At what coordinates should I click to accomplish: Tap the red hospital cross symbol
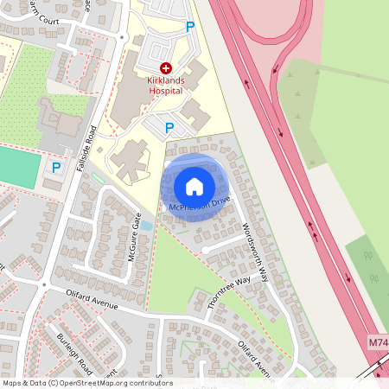pyautogui.click(x=166, y=67)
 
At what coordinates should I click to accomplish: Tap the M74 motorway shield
pyautogui.click(x=378, y=343)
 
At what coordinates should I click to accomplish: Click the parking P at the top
pyautogui.click(x=190, y=27)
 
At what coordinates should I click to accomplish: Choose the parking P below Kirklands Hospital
pyautogui.click(x=169, y=128)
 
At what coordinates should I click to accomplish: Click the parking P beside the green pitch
pyautogui.click(x=56, y=168)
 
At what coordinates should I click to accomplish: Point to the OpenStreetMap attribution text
pyautogui.click(x=87, y=383)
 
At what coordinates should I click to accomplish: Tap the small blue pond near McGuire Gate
pyautogui.click(x=146, y=226)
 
